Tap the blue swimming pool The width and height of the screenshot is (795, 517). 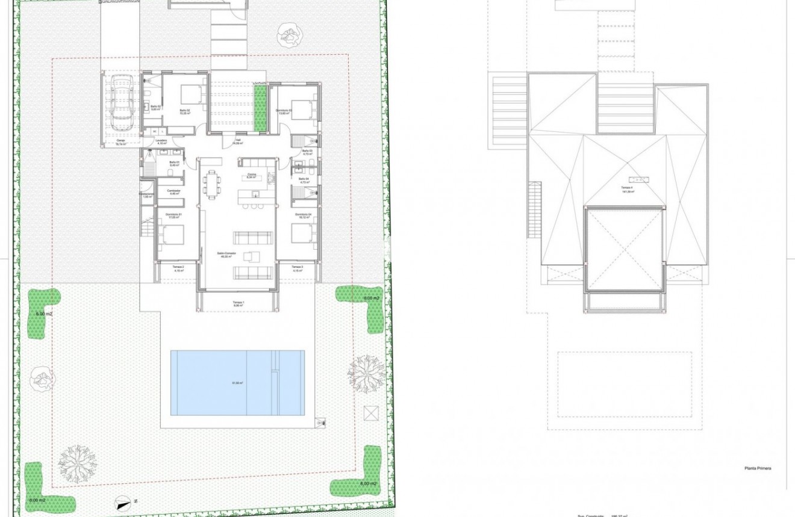[x=237, y=383]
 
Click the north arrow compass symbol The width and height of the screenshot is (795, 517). [x=124, y=500]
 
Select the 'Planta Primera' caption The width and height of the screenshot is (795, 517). [x=758, y=468]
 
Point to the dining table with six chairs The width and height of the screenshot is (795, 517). [x=211, y=184]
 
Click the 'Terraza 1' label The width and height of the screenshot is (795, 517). [x=238, y=303]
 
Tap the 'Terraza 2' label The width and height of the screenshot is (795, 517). [x=178, y=267]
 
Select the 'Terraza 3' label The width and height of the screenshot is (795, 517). [x=298, y=267]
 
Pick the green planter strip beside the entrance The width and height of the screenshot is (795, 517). [x=260, y=108]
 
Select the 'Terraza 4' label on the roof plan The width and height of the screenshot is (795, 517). [x=628, y=190]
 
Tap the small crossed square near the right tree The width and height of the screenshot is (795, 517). [x=369, y=413]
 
